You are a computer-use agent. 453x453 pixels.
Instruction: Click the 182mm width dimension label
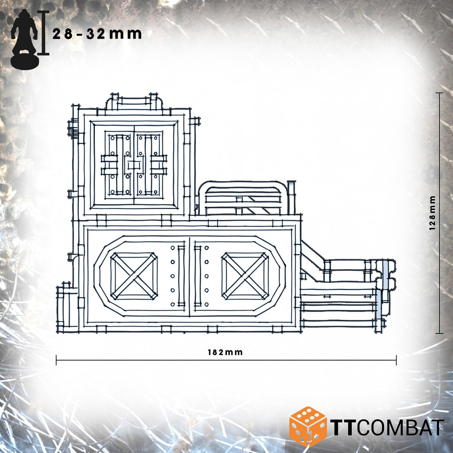click(225, 352)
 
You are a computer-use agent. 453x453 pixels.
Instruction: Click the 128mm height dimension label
click(432, 213)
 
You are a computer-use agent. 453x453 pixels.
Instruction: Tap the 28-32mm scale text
click(97, 34)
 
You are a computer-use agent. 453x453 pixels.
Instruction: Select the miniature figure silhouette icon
click(25, 39)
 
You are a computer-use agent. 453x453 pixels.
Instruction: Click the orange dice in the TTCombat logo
click(308, 426)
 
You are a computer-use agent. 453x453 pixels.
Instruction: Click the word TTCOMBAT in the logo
click(388, 427)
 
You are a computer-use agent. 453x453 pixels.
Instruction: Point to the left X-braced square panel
click(134, 276)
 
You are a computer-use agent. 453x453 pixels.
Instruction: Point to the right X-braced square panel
click(245, 276)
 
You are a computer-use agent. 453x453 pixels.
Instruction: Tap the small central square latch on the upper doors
click(134, 165)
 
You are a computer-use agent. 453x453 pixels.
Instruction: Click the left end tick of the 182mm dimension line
click(56, 360)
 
